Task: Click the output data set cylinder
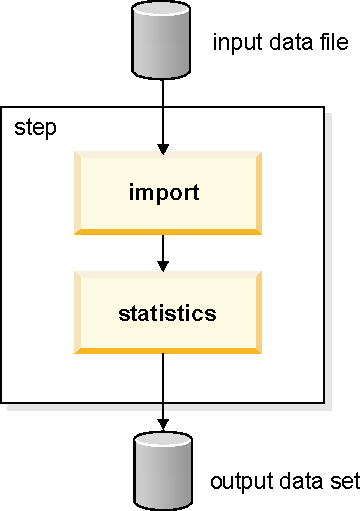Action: pyautogui.click(x=164, y=470)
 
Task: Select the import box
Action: pyautogui.click(x=164, y=191)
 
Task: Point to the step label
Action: pyautogui.click(x=35, y=129)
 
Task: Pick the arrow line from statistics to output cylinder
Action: pyautogui.click(x=164, y=385)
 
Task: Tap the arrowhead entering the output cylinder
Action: pyautogui.click(x=164, y=423)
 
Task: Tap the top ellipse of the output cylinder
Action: pyautogui.click(x=164, y=440)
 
